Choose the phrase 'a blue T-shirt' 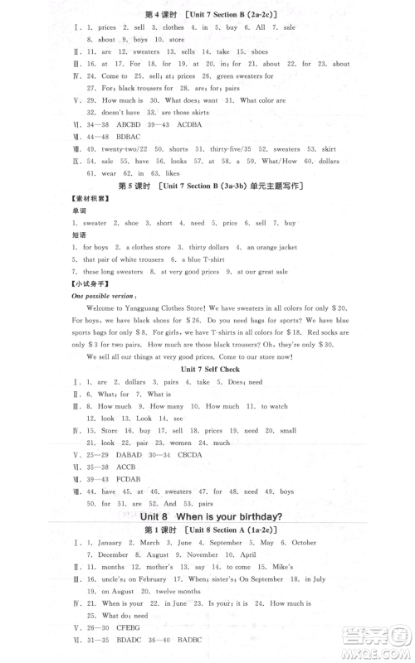coord(198,259)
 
